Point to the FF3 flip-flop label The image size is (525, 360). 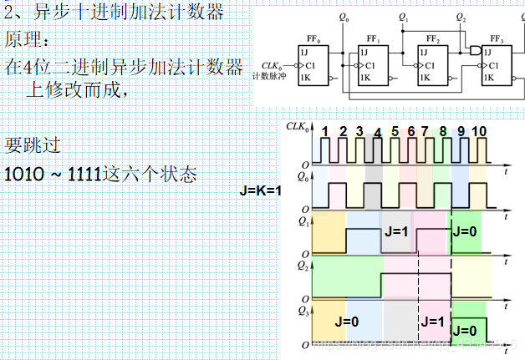point(496,39)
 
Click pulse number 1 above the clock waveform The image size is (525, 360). point(324,131)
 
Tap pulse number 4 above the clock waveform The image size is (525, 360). point(377,134)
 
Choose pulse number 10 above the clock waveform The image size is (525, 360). point(478,131)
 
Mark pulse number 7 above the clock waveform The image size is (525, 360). point(428,131)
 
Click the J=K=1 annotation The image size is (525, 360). point(260,190)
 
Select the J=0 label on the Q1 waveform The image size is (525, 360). point(466,233)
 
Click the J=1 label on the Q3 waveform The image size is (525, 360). point(434,321)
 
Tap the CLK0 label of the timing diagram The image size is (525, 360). point(297,127)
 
